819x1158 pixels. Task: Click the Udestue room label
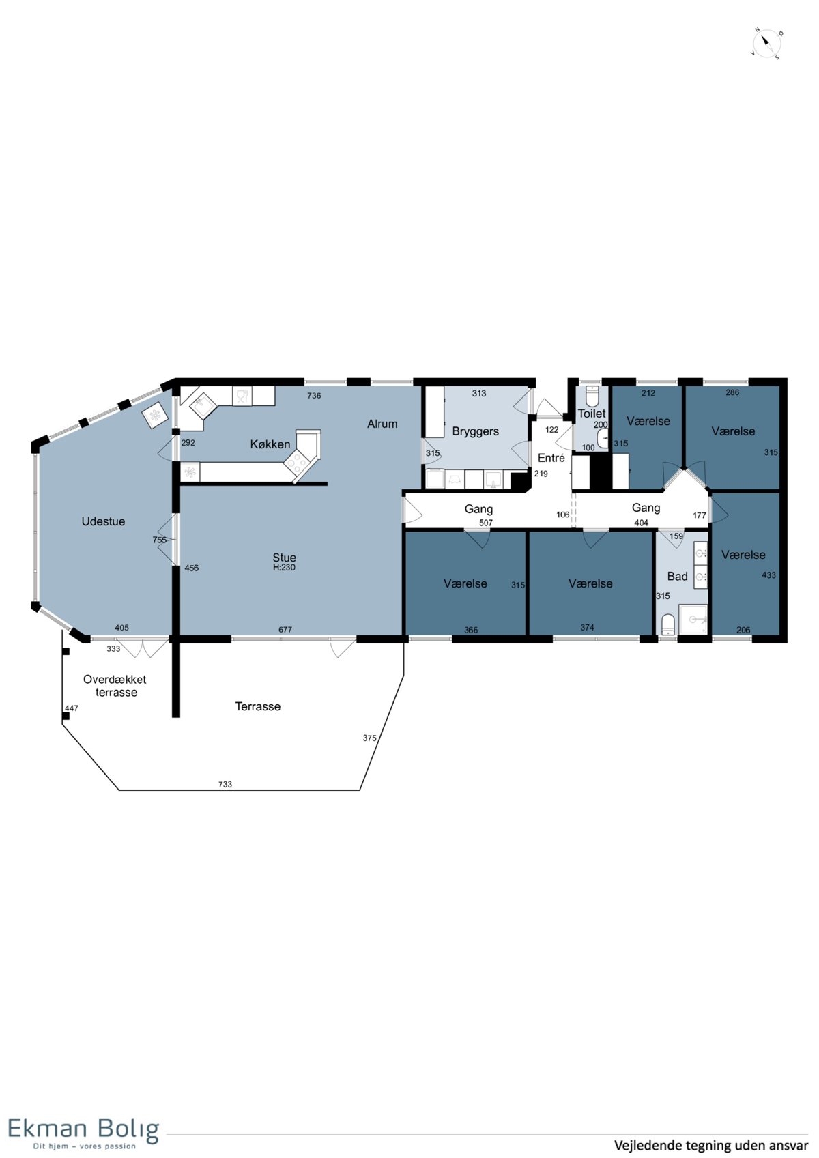point(104,521)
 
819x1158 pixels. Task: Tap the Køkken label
point(270,444)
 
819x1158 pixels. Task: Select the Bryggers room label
point(475,431)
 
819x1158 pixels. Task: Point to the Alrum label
point(382,424)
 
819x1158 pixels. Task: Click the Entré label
point(551,457)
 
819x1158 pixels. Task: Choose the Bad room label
point(677,576)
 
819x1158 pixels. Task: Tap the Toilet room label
point(592,414)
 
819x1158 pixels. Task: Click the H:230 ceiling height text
point(285,567)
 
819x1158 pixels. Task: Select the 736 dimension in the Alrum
point(314,396)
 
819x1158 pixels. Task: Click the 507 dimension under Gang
point(485,523)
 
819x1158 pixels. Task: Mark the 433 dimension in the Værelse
point(769,575)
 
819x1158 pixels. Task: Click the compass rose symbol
point(766,44)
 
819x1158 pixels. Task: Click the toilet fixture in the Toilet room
point(592,396)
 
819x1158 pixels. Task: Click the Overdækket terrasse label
point(115,686)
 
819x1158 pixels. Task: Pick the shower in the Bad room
point(693,620)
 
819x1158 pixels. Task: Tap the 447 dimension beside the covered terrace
point(72,708)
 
